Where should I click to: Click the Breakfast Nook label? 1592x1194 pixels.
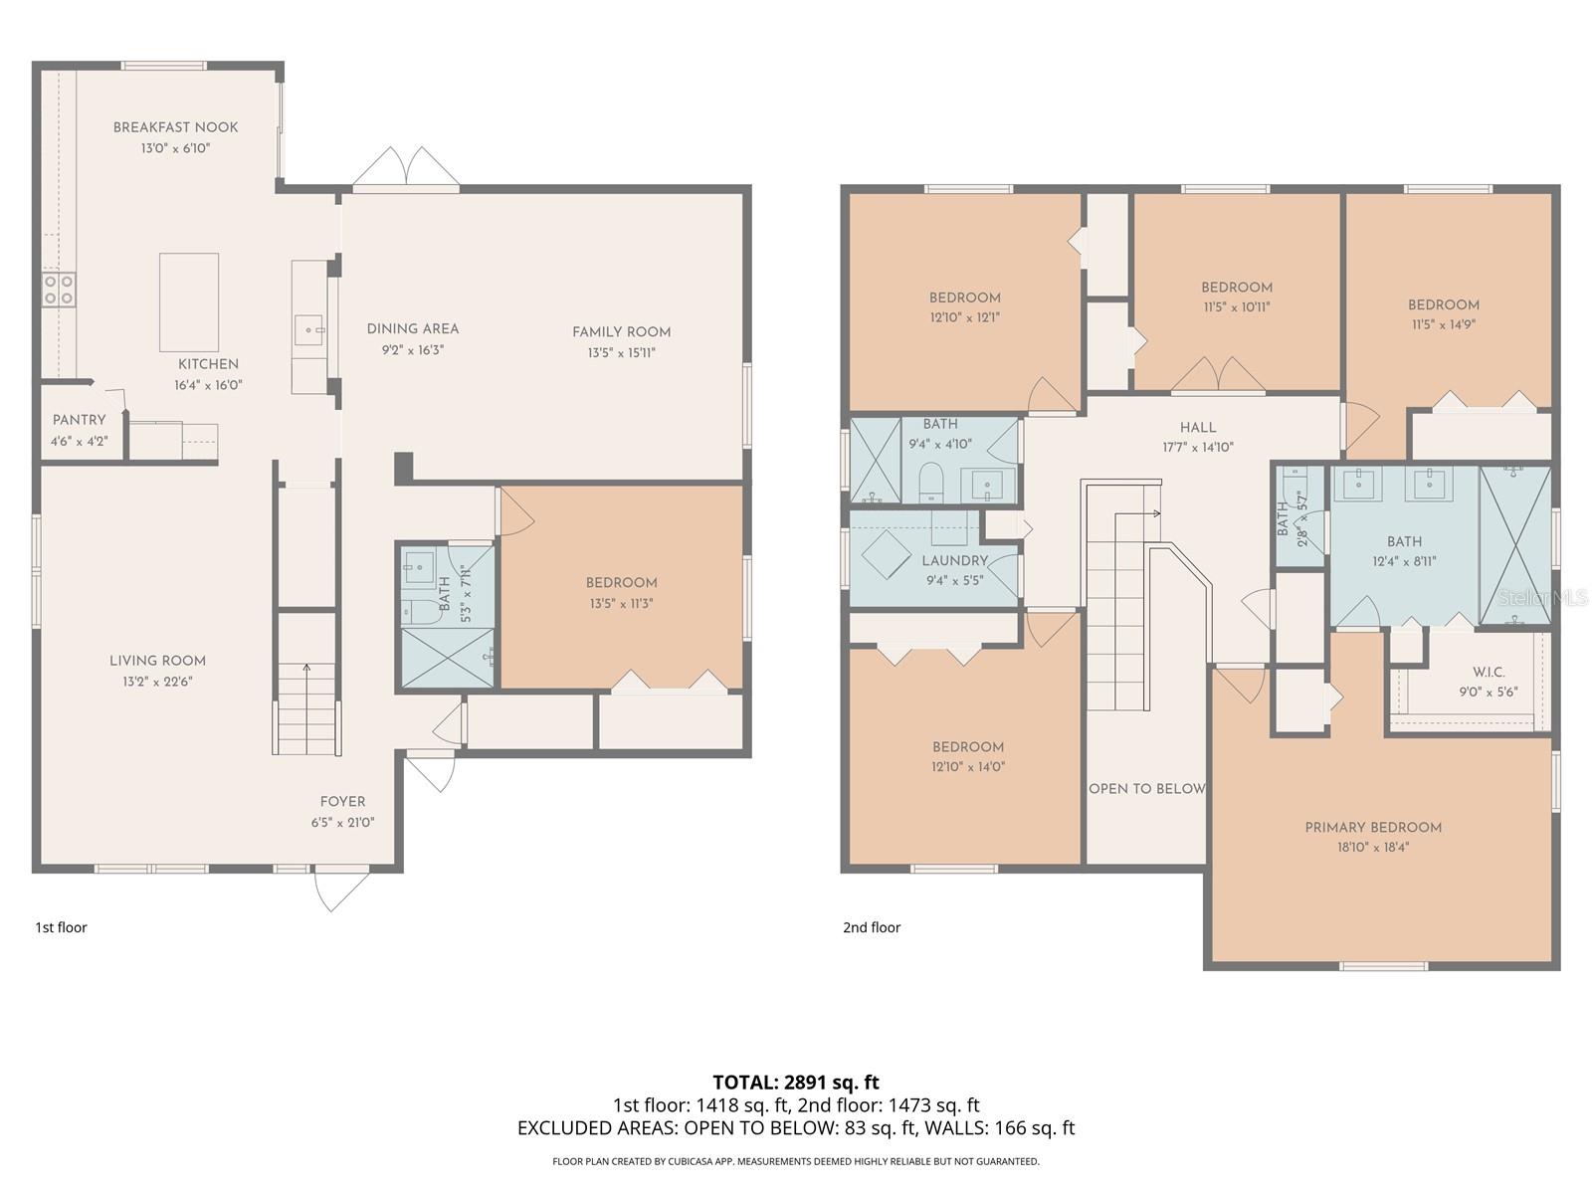175,127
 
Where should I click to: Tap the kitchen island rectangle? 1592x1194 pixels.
189,302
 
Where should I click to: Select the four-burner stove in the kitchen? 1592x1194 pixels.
59,290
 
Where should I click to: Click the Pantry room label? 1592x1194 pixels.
79,420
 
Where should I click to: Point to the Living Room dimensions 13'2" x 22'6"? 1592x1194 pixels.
157,682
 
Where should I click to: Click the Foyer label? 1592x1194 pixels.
343,802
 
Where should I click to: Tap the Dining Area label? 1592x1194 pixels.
413,329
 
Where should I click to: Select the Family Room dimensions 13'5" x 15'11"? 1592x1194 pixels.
622,353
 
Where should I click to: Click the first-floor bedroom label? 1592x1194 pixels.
622,583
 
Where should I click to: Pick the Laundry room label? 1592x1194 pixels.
954,560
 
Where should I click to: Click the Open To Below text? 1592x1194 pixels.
1146,789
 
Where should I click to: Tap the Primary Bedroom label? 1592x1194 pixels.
1373,827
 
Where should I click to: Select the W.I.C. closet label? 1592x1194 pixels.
1489,672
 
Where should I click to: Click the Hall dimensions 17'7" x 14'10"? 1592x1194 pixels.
1198,448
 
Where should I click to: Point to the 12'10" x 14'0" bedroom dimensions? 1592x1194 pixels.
968,766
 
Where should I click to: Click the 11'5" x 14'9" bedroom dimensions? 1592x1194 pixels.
1444,324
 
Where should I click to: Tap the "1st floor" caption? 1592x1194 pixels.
61,927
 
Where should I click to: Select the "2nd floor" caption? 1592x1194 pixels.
871,927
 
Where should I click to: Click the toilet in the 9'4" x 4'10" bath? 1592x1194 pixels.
929,483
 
